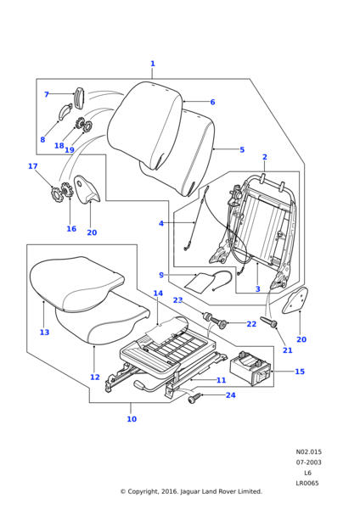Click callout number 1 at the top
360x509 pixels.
[x=152, y=64]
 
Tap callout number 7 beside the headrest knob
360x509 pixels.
[x=47, y=94]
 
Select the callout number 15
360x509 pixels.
[x=300, y=371]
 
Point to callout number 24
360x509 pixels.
[x=230, y=395]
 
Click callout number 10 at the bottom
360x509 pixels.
[x=132, y=419]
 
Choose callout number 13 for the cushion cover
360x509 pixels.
[x=44, y=332]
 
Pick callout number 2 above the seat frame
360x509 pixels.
[x=264, y=157]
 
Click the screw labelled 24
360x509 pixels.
[x=194, y=397]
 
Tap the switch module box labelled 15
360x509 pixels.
[x=250, y=368]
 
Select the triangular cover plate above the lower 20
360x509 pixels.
[x=295, y=301]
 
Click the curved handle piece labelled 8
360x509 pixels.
[x=65, y=111]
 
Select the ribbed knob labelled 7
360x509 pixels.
[x=80, y=98]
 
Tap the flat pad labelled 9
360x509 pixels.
[x=199, y=281]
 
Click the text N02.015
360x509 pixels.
[x=309, y=451]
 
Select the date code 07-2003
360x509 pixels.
[x=308, y=462]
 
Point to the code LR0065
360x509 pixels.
[x=307, y=483]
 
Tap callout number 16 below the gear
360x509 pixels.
[x=71, y=228]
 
